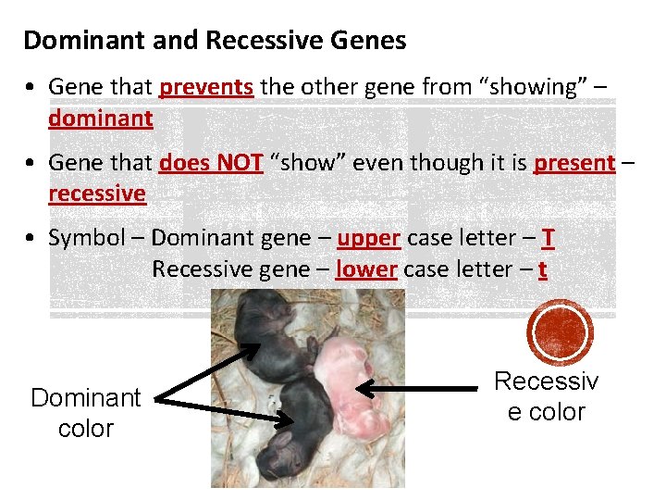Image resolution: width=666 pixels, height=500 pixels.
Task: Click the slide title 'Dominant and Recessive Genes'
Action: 214,41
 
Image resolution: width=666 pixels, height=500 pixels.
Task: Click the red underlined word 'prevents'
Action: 206,87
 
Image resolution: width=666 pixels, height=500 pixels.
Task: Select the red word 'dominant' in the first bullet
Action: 100,119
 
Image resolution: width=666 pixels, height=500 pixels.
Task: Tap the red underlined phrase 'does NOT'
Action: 211,163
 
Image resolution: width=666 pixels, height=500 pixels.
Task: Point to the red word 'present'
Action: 573,163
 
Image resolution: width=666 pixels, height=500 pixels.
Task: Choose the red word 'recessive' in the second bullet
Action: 97,194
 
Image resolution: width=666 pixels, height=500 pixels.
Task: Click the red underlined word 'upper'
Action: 368,238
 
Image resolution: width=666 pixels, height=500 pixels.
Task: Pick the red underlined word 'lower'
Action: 366,269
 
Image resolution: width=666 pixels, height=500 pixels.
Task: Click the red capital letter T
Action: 549,238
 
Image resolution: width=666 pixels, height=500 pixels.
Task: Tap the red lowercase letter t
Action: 542,269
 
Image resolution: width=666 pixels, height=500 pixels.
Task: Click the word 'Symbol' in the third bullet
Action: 85,238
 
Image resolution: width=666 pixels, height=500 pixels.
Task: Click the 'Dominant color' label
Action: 85,413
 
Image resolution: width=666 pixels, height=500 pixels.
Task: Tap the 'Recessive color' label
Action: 546,396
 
